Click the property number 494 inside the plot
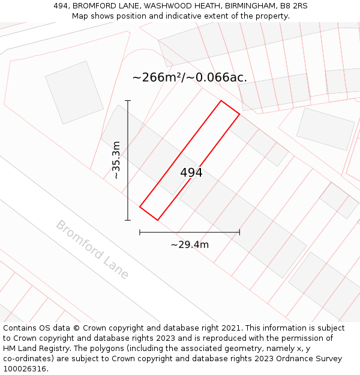[191, 173]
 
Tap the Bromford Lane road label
[92, 250]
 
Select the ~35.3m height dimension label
[117, 160]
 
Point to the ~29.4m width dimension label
[190, 244]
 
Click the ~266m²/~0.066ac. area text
[190, 77]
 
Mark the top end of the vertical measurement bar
[128, 101]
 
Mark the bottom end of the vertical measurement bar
[128, 220]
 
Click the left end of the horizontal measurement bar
[140, 232]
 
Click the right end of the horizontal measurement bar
[239, 232]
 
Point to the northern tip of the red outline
[221, 101]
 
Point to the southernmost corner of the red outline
[158, 220]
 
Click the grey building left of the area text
[74, 92]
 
